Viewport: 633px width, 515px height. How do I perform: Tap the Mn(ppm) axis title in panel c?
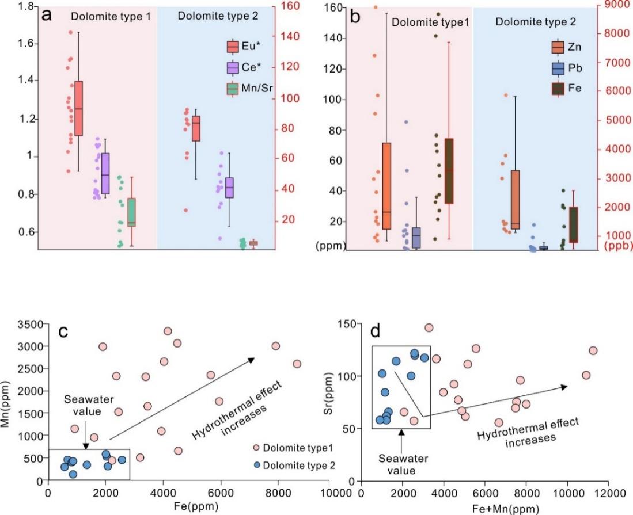[7, 401]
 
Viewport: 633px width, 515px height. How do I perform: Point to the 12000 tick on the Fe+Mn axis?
[609, 493]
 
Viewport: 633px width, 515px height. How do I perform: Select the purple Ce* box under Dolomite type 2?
[230, 188]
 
